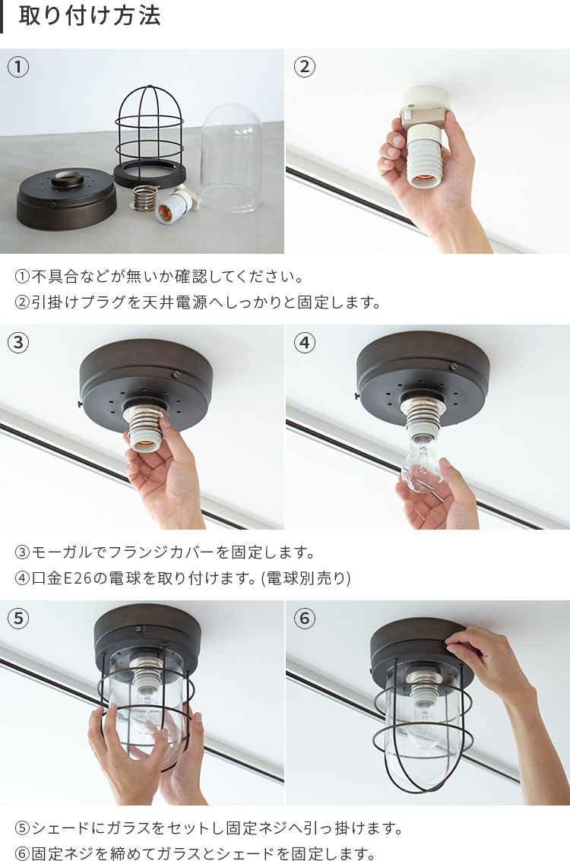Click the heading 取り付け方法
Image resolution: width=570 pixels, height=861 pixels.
tap(90, 15)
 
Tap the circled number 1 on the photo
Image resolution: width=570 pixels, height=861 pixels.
tap(18, 67)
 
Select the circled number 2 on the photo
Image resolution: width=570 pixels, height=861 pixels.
tap(305, 67)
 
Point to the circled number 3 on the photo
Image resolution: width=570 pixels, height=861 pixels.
tap(18, 343)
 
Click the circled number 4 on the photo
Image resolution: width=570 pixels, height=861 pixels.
tap(305, 343)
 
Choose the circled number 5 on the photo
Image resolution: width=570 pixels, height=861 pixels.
tap(18, 619)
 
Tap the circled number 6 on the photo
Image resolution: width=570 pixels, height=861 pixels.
tap(305, 619)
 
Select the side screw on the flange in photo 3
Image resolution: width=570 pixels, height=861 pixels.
tap(175, 374)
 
